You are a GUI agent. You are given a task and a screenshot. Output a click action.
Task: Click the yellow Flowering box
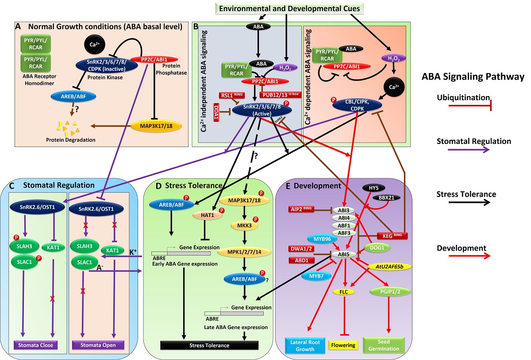tap(343, 345)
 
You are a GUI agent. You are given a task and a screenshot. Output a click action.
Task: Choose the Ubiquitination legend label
tap(462, 97)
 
